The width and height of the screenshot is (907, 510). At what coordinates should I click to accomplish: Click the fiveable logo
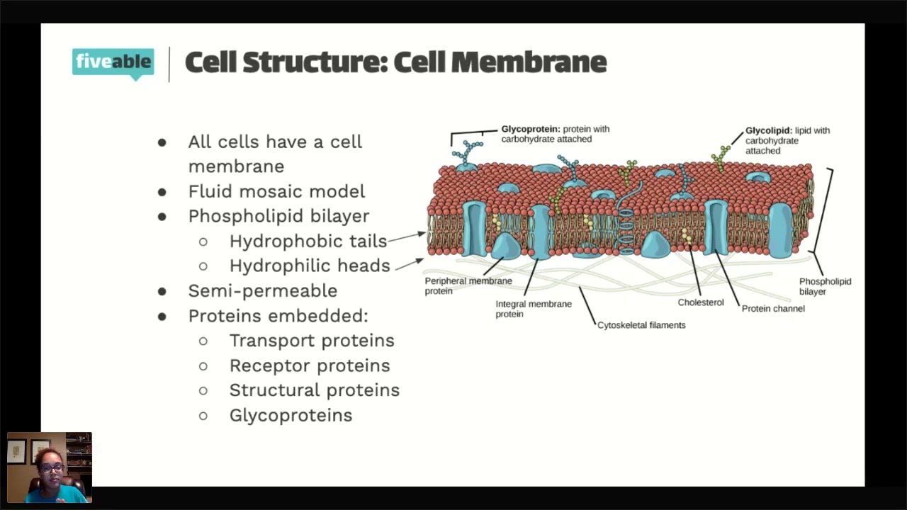[113, 62]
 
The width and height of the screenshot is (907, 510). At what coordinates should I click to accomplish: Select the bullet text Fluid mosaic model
[276, 191]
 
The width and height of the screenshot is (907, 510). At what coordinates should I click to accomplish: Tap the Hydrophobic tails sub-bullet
[308, 242]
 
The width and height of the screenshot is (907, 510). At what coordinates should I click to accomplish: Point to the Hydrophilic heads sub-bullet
[310, 266]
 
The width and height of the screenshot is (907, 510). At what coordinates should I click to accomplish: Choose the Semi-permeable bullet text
[262, 291]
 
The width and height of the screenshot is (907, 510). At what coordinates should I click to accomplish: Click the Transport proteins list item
[312, 341]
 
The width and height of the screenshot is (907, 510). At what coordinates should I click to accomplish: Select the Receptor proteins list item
[310, 365]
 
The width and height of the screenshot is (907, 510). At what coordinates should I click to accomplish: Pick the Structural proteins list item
[315, 390]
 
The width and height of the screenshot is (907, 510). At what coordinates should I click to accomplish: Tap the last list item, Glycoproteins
[291, 415]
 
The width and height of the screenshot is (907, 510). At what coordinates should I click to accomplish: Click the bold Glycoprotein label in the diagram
[531, 129]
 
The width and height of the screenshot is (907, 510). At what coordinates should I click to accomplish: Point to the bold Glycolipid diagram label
[768, 130]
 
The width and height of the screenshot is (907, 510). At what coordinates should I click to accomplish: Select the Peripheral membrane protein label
[468, 285]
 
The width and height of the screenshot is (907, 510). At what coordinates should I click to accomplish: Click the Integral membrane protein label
[533, 309]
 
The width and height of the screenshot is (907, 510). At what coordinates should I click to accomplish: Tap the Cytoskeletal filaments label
[641, 325]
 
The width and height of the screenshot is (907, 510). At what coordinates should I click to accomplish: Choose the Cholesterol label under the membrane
[701, 302]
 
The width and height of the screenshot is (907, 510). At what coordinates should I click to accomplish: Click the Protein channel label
[773, 309]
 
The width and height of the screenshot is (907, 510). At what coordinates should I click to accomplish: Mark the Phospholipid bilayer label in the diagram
[825, 286]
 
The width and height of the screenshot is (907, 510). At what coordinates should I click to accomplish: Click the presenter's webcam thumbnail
[50, 467]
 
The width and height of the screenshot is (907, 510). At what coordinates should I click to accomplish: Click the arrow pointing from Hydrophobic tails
[407, 237]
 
